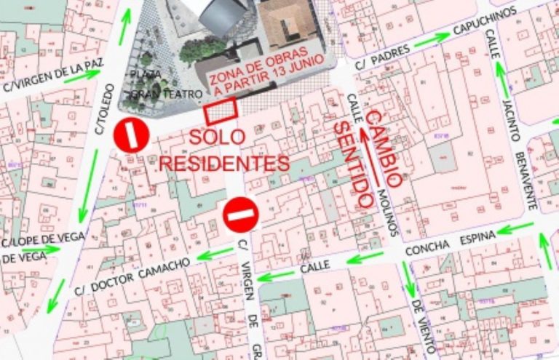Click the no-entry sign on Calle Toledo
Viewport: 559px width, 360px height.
pos(131,135)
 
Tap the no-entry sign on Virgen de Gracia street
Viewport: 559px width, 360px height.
pos(241,215)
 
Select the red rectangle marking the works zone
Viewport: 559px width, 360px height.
pos(221,112)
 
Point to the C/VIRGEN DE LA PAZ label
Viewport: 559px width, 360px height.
pos(52,76)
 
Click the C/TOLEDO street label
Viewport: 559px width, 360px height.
pos(105,109)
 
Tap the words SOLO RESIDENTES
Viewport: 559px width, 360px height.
pos(225,151)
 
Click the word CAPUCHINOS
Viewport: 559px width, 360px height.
pos(484,21)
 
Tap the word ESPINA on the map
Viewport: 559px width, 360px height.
pos(469,241)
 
